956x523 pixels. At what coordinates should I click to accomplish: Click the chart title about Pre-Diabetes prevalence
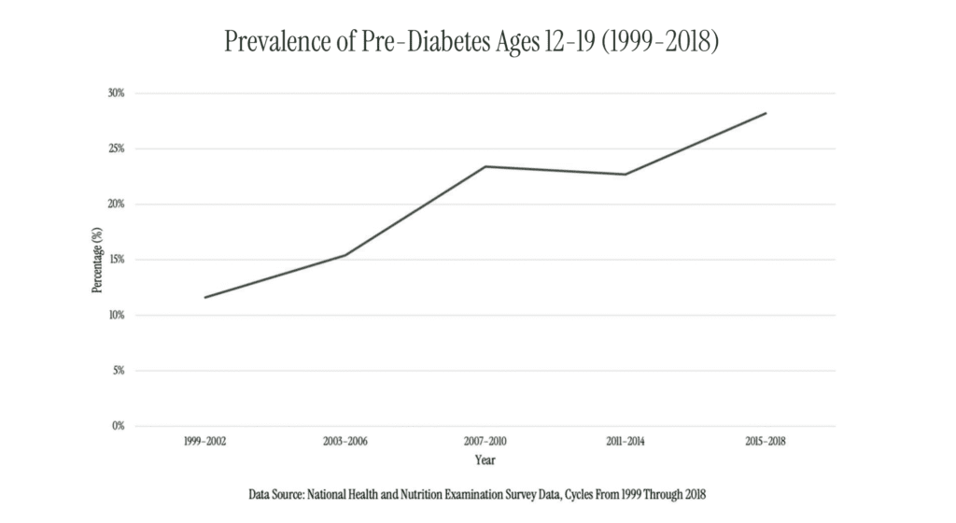[472, 42]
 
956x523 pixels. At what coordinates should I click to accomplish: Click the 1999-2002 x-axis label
[204, 441]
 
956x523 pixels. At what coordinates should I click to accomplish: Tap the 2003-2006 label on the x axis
[344, 441]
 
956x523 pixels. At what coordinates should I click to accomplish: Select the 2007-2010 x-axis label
[485, 441]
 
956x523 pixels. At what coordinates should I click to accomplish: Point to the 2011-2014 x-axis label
[626, 441]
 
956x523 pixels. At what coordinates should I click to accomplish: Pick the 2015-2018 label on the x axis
[766, 441]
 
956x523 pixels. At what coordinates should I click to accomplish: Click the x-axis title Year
[485, 459]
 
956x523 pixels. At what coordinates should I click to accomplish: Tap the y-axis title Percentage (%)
[96, 260]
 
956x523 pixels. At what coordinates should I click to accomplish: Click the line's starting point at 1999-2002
[204, 297]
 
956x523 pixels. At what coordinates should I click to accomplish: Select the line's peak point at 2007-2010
[485, 166]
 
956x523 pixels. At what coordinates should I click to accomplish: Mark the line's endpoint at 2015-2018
[766, 113]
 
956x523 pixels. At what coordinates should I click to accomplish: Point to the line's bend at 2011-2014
[626, 174]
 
